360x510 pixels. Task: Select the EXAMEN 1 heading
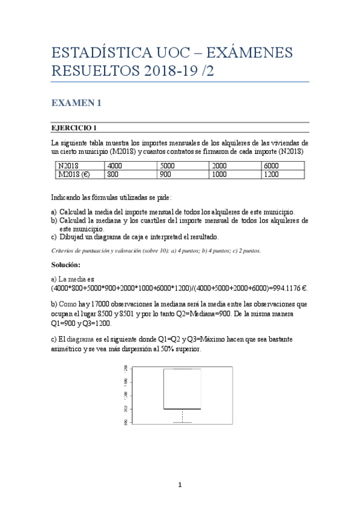tap(75, 103)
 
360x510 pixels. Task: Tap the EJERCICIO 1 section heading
tap(74, 127)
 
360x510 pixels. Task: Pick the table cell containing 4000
tap(115, 166)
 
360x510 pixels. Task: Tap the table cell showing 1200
tap(271, 174)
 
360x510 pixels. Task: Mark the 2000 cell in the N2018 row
tap(219, 166)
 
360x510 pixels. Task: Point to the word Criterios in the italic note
tap(62, 250)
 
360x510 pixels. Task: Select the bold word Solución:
tap(66, 265)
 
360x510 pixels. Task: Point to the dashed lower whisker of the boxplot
tap(182, 416)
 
